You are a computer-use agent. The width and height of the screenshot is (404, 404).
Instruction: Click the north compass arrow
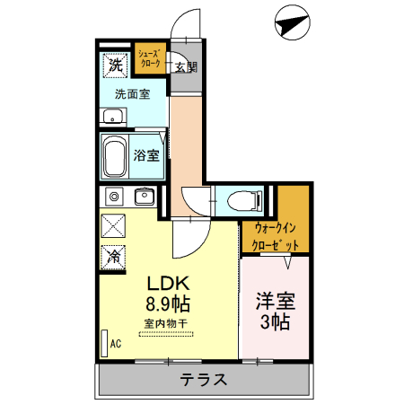[289, 22]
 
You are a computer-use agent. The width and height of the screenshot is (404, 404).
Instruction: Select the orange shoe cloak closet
[150, 60]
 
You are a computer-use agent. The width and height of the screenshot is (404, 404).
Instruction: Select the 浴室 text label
[147, 154]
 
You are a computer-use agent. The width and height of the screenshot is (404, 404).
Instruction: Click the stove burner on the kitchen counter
[114, 197]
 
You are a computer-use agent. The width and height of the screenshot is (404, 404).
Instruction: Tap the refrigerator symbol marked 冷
[115, 256]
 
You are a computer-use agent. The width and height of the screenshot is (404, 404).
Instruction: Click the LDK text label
[166, 282]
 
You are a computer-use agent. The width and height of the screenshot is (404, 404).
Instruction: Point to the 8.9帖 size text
[167, 303]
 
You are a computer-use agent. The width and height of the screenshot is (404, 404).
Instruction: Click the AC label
[115, 343]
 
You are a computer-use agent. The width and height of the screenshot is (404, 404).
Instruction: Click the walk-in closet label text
[275, 236]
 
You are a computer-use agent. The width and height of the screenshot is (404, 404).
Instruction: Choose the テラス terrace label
[202, 378]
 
